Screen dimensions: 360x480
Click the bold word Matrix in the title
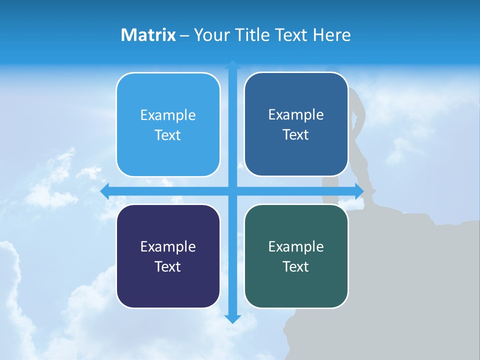pyautogui.click(x=148, y=35)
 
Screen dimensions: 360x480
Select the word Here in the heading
pyautogui.click(x=332, y=35)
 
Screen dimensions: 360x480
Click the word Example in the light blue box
pyautogui.click(x=168, y=115)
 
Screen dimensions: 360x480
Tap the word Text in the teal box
pyautogui.click(x=296, y=266)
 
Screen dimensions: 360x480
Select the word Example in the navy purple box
pyautogui.click(x=168, y=246)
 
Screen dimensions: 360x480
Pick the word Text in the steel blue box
pyautogui.click(x=296, y=135)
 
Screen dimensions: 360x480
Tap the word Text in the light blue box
pyautogui.click(x=168, y=135)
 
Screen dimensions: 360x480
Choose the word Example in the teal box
pyautogui.click(x=296, y=246)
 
